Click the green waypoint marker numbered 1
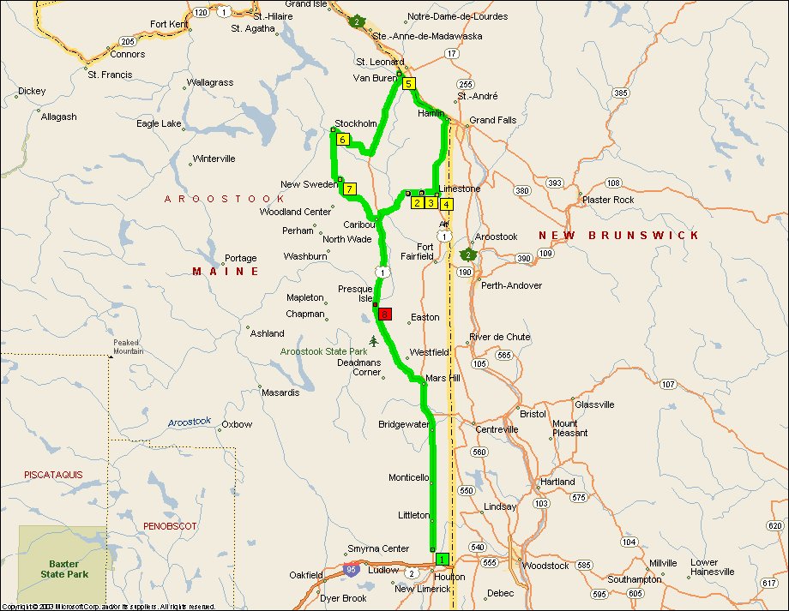442,560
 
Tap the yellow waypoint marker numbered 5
409,84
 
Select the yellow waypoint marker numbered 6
342,140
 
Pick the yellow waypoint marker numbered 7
350,189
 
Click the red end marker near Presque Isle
385,314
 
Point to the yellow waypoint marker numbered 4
446,204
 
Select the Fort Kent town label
168,24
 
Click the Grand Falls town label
493,121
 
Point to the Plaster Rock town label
608,200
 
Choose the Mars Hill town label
443,378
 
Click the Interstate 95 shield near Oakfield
351,569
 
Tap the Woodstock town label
545,566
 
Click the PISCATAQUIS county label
52,474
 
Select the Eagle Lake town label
159,124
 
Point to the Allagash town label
58,117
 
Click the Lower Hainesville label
709,567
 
